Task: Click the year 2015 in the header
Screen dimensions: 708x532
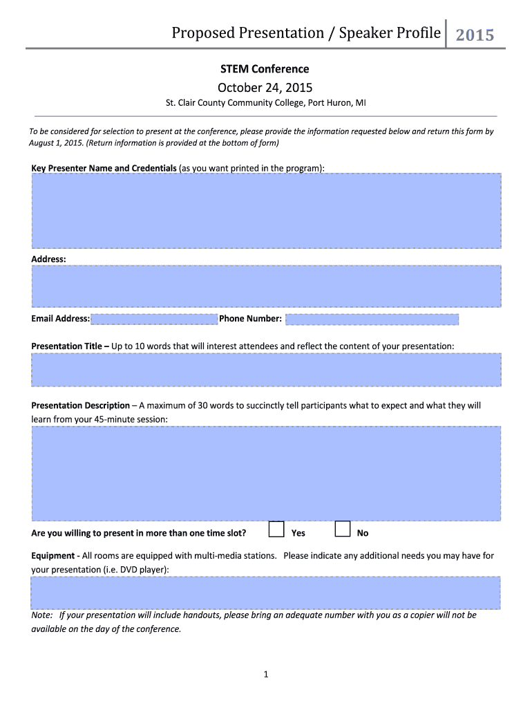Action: [475, 35]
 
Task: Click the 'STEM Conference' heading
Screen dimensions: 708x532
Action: [265, 68]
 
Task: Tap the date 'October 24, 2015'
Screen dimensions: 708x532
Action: [265, 87]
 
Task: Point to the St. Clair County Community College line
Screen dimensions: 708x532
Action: [265, 104]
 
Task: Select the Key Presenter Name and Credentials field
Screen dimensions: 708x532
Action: [266, 210]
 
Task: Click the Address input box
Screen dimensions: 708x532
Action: [266, 286]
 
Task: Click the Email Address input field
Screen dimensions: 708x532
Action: [154, 319]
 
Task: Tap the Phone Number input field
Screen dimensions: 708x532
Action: [372, 319]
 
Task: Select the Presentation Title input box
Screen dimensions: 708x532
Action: [266, 370]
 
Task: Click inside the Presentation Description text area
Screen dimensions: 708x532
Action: [266, 473]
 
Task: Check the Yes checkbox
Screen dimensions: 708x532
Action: [276, 530]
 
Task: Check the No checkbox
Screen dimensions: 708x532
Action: [342, 530]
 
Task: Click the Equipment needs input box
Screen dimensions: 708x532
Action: [266, 593]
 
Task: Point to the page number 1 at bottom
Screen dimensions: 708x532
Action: [265, 674]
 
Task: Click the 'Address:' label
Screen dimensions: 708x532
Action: [48, 259]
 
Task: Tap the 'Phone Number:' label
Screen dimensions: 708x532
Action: [250, 319]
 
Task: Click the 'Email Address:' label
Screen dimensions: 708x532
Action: [60, 319]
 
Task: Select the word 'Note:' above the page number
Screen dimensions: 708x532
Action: [42, 615]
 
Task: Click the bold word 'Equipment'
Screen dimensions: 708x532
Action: [53, 556]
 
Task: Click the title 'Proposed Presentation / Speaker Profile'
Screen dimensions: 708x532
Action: [305, 32]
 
